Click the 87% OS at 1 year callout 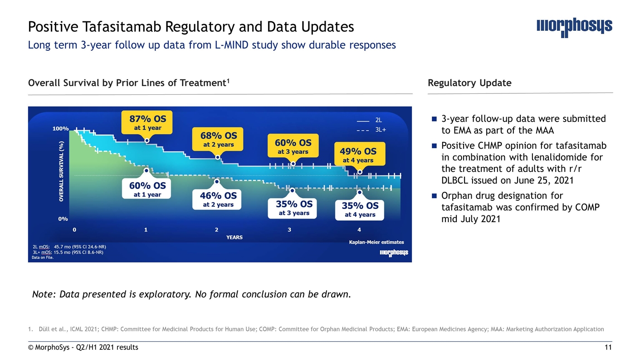point(147,122)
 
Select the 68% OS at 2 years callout point(219,140)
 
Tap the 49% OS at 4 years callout point(359,155)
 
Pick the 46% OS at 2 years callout point(218,199)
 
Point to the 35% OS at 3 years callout point(293,208)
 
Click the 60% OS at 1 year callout point(147,189)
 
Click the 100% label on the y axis point(60,129)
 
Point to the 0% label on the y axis point(63,219)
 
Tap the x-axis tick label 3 point(289,230)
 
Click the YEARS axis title point(234,237)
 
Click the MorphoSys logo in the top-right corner point(574,27)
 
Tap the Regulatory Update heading point(469,83)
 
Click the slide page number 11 point(608,347)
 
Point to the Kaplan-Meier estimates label point(376,242)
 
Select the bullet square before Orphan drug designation point(434,196)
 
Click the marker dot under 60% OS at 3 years point(293,164)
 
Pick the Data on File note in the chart point(43,258)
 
